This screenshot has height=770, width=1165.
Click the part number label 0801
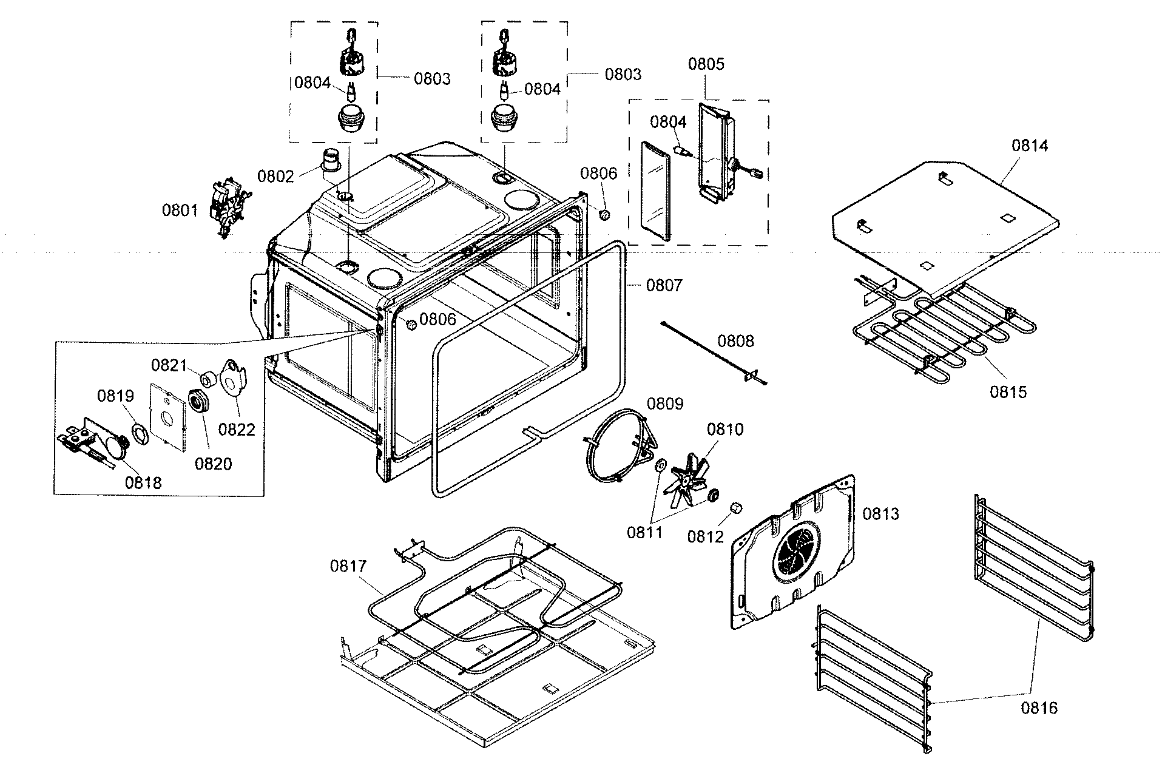point(180,211)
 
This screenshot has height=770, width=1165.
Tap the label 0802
point(275,177)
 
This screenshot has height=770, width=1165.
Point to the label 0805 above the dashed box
point(706,64)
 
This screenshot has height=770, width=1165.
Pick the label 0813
point(881,514)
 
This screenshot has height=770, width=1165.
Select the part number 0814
point(1030,146)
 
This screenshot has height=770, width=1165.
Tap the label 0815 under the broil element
point(1008,392)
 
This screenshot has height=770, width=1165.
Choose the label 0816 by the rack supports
point(1039,708)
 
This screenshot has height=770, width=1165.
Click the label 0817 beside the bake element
point(348,566)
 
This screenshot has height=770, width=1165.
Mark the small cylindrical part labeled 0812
point(735,508)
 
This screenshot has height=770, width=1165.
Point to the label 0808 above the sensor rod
point(736,340)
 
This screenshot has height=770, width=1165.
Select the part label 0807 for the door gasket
point(664,285)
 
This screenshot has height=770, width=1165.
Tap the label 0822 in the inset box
point(237,429)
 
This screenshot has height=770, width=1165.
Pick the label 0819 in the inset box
point(115,396)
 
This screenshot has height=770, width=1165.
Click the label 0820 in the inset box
point(213,464)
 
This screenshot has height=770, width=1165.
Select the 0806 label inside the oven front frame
point(437,319)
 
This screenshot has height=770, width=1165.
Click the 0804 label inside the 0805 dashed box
point(668,122)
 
